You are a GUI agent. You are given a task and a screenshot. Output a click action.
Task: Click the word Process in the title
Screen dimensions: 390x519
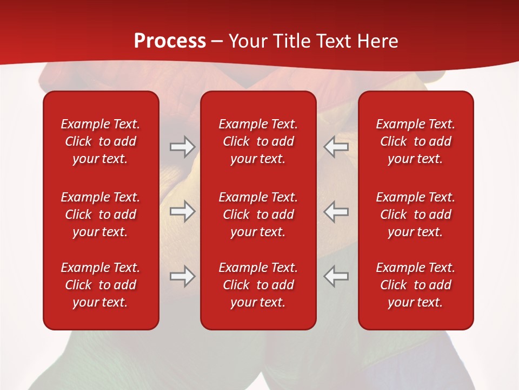tap(170, 41)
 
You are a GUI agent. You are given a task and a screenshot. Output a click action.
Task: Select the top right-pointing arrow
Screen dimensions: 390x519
tap(182, 147)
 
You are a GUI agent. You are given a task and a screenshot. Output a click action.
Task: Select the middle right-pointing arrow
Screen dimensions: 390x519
tap(182, 211)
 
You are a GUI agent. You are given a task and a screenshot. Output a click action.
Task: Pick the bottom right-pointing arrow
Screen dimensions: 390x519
tap(182, 276)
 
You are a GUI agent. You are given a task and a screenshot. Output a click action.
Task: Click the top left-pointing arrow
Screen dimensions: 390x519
tap(336, 147)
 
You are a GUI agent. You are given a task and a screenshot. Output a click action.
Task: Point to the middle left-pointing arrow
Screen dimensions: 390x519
tap(336, 211)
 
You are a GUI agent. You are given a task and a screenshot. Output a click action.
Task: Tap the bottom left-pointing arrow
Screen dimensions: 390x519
tap(336, 276)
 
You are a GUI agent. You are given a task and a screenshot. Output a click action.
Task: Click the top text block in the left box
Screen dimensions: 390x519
tap(101, 141)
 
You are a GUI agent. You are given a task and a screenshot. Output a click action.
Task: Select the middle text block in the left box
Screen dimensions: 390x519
tap(101, 214)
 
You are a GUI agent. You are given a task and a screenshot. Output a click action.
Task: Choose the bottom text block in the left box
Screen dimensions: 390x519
tap(101, 285)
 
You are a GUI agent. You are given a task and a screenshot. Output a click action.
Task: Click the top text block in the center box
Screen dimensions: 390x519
tap(258, 141)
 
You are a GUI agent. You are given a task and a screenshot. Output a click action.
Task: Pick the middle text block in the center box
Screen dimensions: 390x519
tap(258, 214)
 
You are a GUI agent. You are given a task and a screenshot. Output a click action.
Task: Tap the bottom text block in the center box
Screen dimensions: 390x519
tap(258, 285)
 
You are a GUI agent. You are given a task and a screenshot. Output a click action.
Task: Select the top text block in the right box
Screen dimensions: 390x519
tap(415, 141)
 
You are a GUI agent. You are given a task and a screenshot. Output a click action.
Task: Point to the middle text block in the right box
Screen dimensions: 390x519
tap(415, 214)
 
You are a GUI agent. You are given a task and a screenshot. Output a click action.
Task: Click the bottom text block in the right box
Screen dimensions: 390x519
tap(415, 285)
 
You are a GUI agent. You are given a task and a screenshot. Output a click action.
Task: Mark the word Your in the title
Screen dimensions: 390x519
tap(248, 41)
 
